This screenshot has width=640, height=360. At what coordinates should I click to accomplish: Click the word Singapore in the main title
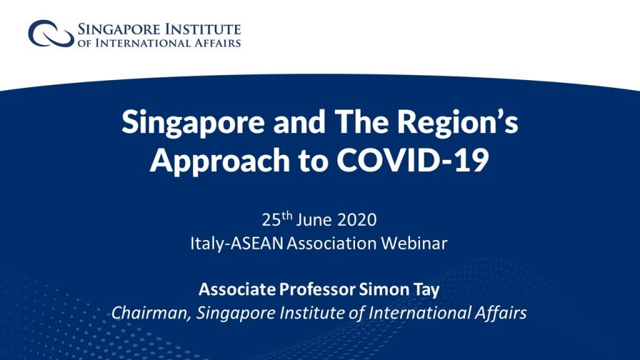click(193, 123)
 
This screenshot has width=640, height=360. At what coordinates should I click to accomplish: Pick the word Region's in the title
click(457, 123)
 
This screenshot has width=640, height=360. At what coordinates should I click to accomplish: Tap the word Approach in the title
click(220, 161)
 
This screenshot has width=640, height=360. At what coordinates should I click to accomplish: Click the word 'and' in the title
click(299, 122)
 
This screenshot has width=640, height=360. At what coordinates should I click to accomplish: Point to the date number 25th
click(277, 219)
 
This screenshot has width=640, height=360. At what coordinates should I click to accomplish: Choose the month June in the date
click(314, 219)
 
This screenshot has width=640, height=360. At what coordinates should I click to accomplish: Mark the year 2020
click(357, 220)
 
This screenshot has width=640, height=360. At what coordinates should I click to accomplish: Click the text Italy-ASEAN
click(237, 243)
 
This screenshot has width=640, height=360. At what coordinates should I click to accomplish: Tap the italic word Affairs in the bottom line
click(501, 313)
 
